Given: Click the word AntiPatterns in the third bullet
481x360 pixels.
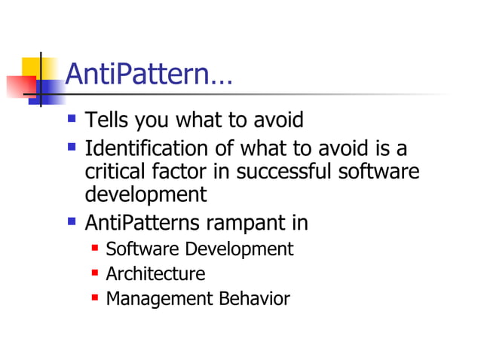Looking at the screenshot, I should [141, 223].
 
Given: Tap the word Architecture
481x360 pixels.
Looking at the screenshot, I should [155, 273].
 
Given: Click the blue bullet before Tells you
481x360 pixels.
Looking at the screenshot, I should [72, 119].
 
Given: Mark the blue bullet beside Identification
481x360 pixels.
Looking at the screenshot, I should [72, 147].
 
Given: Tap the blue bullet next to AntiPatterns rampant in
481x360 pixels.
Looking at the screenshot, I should [72, 222].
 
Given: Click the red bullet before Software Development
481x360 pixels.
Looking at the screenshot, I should [94, 249].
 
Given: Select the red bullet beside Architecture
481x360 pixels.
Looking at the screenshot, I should [94, 273].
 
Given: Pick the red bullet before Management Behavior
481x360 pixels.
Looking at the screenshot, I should [94, 298].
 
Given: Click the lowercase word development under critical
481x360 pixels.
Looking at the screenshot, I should [146, 194].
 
